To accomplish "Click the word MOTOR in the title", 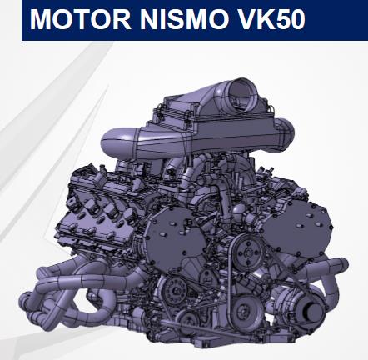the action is tap(80, 19).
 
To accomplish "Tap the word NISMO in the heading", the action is tap(183, 19).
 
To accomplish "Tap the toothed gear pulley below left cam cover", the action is tap(174, 290).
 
